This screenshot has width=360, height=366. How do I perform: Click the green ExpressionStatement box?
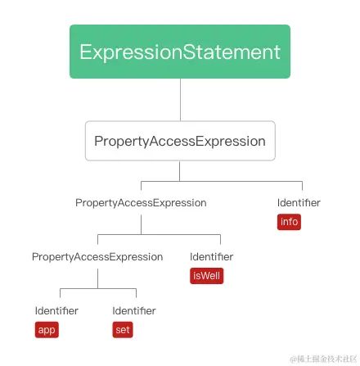179,39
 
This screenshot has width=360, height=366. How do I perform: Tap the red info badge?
290,222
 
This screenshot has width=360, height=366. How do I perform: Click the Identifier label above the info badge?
298,201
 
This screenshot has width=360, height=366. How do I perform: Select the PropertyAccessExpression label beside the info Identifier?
141,201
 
